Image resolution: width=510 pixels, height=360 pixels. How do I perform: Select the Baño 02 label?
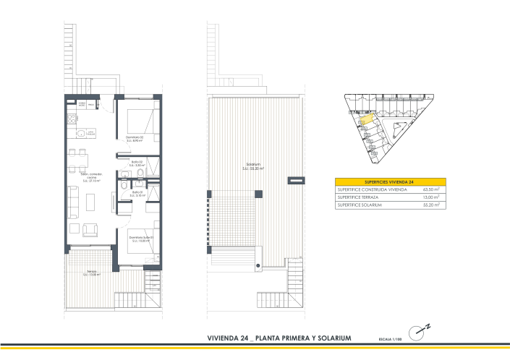click(x=137, y=163)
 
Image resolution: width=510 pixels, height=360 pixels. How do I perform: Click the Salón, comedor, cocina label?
click(x=92, y=178)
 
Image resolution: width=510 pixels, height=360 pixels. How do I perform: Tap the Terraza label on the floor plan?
click(x=91, y=273)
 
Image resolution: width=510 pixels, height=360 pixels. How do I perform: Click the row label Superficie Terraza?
click(x=359, y=197)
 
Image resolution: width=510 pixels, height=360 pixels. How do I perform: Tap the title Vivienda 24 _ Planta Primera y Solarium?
click(x=279, y=338)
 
